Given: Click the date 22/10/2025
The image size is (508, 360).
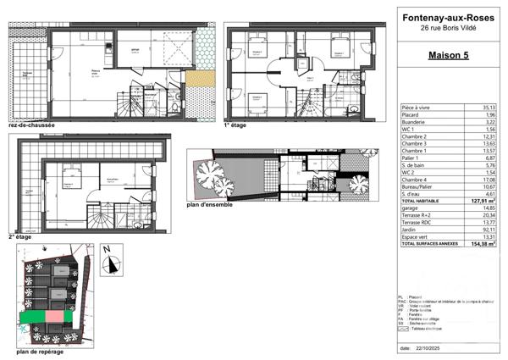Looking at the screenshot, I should pyautogui.click(x=429, y=347).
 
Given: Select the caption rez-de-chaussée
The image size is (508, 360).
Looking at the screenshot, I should pyautogui.click(x=30, y=125).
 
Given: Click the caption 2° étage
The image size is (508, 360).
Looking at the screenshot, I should pyautogui.click(x=18, y=238).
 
